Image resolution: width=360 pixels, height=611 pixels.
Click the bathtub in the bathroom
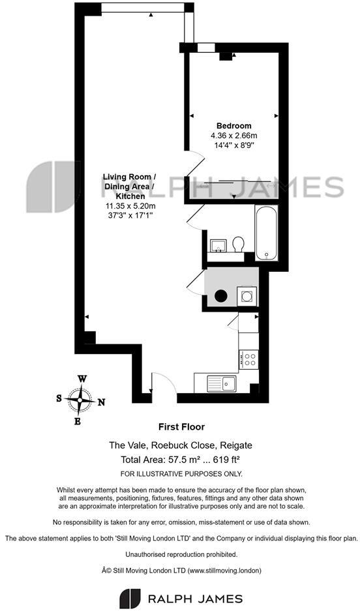point(267,233)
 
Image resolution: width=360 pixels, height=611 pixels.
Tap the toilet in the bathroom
point(238,243)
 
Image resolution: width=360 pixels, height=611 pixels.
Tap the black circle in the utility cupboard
point(222,296)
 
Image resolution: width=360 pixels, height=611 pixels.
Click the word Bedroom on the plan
point(233,126)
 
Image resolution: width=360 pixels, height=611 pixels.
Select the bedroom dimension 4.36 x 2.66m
point(233,136)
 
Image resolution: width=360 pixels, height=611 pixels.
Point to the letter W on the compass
point(82,378)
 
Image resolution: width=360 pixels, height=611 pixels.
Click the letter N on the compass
point(101,402)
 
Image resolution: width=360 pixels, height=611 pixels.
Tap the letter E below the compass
point(78,421)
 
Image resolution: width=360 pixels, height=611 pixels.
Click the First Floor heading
point(181,427)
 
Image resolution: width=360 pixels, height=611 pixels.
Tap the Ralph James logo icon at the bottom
point(130,598)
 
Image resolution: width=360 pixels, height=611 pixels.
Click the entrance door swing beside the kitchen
point(163,382)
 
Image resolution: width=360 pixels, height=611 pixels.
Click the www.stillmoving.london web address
point(223,570)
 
